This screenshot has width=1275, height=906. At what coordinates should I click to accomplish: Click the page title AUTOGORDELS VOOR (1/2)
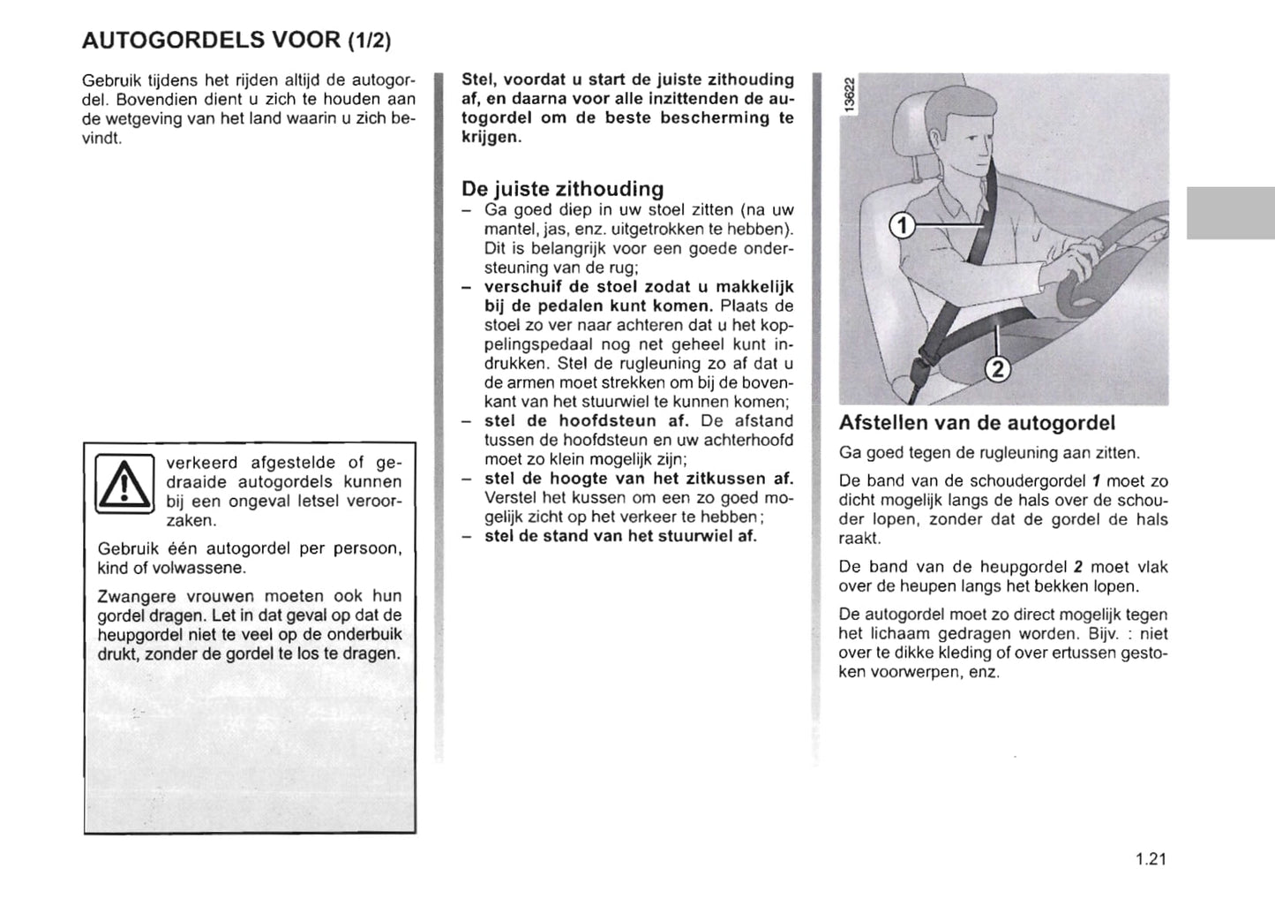(236, 40)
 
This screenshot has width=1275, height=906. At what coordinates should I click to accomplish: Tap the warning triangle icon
(124, 482)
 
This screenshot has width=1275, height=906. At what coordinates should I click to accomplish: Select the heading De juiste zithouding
(562, 189)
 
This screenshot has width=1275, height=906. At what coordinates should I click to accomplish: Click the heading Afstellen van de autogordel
(977, 423)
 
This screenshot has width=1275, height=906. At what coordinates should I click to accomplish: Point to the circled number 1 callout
(901, 227)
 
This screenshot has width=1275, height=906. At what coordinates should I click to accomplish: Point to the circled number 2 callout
(997, 370)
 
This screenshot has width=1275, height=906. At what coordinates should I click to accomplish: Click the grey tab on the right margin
(1230, 213)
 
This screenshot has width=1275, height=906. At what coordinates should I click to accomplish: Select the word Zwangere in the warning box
(131, 596)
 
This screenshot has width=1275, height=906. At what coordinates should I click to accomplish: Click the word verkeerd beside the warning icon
(201, 463)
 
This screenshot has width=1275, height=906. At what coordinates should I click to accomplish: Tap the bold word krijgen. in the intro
(491, 137)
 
